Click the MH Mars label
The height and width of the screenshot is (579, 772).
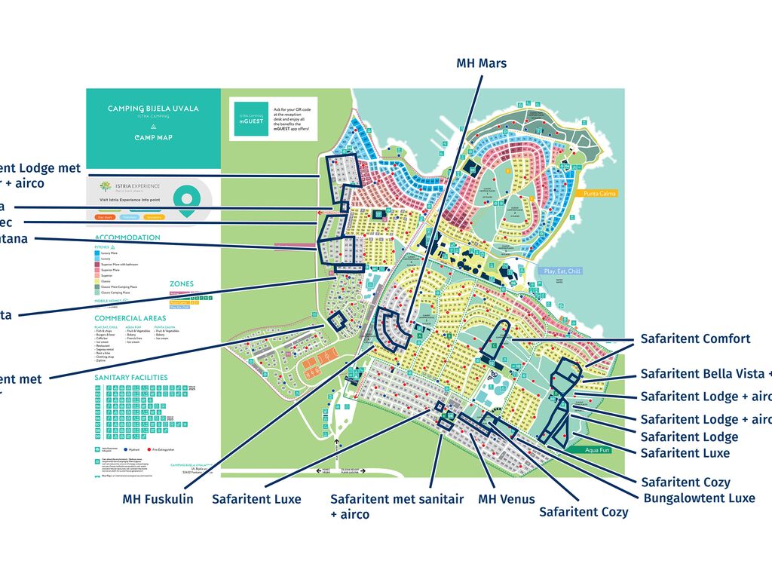(481, 63)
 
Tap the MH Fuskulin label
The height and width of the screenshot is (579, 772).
(158, 499)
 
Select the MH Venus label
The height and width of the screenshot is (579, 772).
(506, 499)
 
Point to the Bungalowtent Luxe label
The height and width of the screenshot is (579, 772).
(699, 498)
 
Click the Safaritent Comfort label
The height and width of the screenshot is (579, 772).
(695, 339)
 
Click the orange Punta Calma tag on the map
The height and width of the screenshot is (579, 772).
(597, 194)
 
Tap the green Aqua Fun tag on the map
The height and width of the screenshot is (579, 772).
(587, 449)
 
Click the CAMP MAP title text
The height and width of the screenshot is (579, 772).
(153, 138)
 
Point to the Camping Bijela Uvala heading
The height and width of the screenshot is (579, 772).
(153, 109)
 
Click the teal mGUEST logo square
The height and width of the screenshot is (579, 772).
(251, 118)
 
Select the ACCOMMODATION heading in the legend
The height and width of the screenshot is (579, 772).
(127, 237)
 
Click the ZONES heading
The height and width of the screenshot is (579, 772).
(181, 284)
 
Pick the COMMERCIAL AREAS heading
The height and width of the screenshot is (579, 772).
(129, 319)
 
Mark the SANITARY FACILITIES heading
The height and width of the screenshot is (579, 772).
(130, 377)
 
